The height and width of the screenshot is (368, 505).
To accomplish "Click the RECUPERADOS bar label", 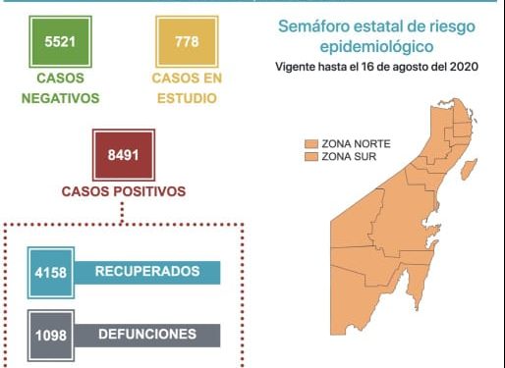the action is pos(148,271).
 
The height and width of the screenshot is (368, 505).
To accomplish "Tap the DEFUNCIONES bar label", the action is pos(147,334).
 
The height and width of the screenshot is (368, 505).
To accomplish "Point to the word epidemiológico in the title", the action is pos(378,46).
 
